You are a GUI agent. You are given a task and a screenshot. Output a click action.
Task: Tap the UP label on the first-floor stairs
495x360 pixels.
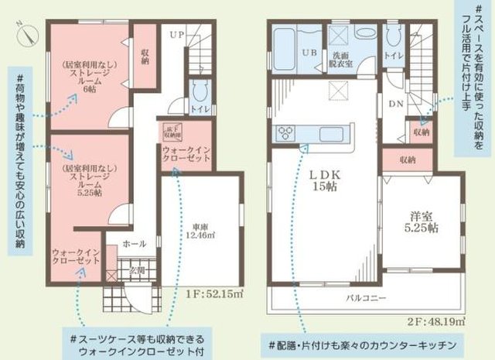point(177,34)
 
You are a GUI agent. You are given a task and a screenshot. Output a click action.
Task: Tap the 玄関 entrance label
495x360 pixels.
point(136,270)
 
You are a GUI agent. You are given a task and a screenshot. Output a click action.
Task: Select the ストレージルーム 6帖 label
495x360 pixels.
point(87,78)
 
